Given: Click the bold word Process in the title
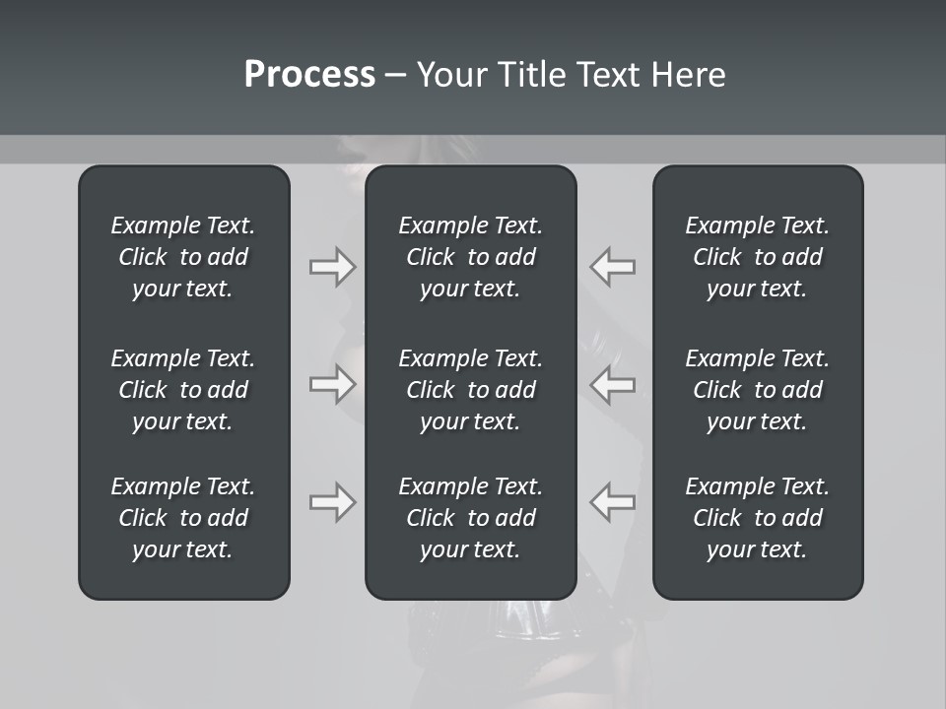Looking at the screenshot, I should click(309, 75).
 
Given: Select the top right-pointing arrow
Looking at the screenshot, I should click(332, 267).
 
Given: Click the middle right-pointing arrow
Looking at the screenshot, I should click(332, 384).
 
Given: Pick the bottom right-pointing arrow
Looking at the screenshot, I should click(332, 502).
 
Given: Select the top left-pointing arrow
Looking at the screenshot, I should click(613, 267).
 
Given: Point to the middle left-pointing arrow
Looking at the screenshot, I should click(613, 384).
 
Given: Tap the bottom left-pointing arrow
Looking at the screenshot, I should click(613, 502).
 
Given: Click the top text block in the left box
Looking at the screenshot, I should click(183, 257).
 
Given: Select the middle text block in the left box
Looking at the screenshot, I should click(183, 390).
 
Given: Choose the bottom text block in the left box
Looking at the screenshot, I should click(183, 518).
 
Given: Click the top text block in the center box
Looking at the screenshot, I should click(470, 257).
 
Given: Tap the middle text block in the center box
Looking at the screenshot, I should click(470, 390).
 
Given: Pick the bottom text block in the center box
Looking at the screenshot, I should click(470, 518).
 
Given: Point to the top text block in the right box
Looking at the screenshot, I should click(757, 257).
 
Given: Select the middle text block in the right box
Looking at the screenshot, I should click(757, 390).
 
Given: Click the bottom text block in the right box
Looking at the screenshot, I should click(757, 518).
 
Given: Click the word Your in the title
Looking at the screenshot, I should click(450, 75).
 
